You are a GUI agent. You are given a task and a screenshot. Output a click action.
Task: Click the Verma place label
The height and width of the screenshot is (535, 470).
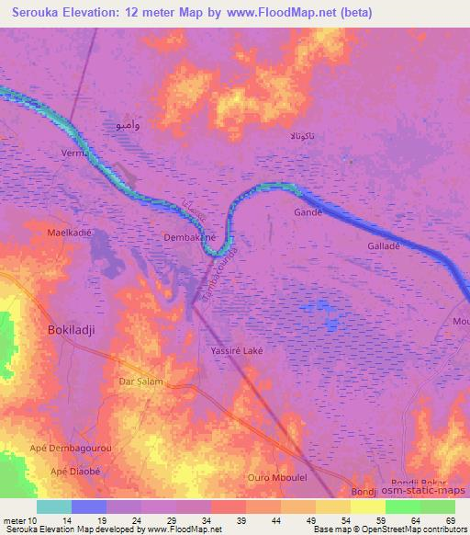click(75, 154)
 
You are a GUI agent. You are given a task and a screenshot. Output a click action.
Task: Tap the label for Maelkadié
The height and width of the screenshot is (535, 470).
click(70, 233)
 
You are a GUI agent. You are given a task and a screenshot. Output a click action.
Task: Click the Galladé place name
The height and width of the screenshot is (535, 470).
click(385, 246)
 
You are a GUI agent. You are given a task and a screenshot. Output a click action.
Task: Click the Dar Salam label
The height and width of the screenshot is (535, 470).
click(141, 381)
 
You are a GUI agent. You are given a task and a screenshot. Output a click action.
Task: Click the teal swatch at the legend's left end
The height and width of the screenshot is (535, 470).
click(54, 507)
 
